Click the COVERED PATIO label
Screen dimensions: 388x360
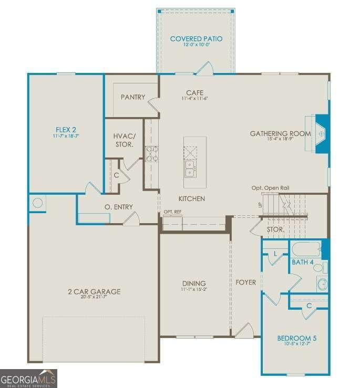[x=196, y=39]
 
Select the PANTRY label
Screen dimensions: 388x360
[x=132, y=97]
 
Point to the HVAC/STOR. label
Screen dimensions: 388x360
[x=124, y=140]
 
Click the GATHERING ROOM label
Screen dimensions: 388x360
[x=280, y=134]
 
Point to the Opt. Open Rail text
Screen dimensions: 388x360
[x=270, y=188]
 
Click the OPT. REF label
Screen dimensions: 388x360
[x=172, y=212]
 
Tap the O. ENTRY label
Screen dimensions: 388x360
[x=119, y=207]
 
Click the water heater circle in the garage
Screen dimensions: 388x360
[x=38, y=202]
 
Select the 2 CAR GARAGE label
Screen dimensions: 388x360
[x=94, y=291]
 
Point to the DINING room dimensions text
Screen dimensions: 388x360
[x=194, y=289]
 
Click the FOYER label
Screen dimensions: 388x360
[x=245, y=282]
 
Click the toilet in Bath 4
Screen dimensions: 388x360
[x=319, y=268]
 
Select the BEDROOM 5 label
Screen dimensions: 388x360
[x=297, y=338]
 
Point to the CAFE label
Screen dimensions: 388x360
[x=194, y=93]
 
